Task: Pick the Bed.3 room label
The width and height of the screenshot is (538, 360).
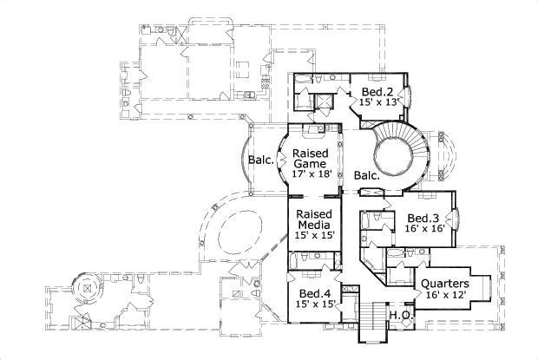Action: [422, 218]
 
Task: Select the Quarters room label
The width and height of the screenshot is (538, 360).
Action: [444, 284]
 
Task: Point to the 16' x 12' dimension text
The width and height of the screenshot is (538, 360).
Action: [444, 296]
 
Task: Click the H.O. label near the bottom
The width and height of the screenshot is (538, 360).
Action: [399, 315]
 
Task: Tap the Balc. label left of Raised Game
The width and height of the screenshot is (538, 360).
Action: [262, 160]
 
